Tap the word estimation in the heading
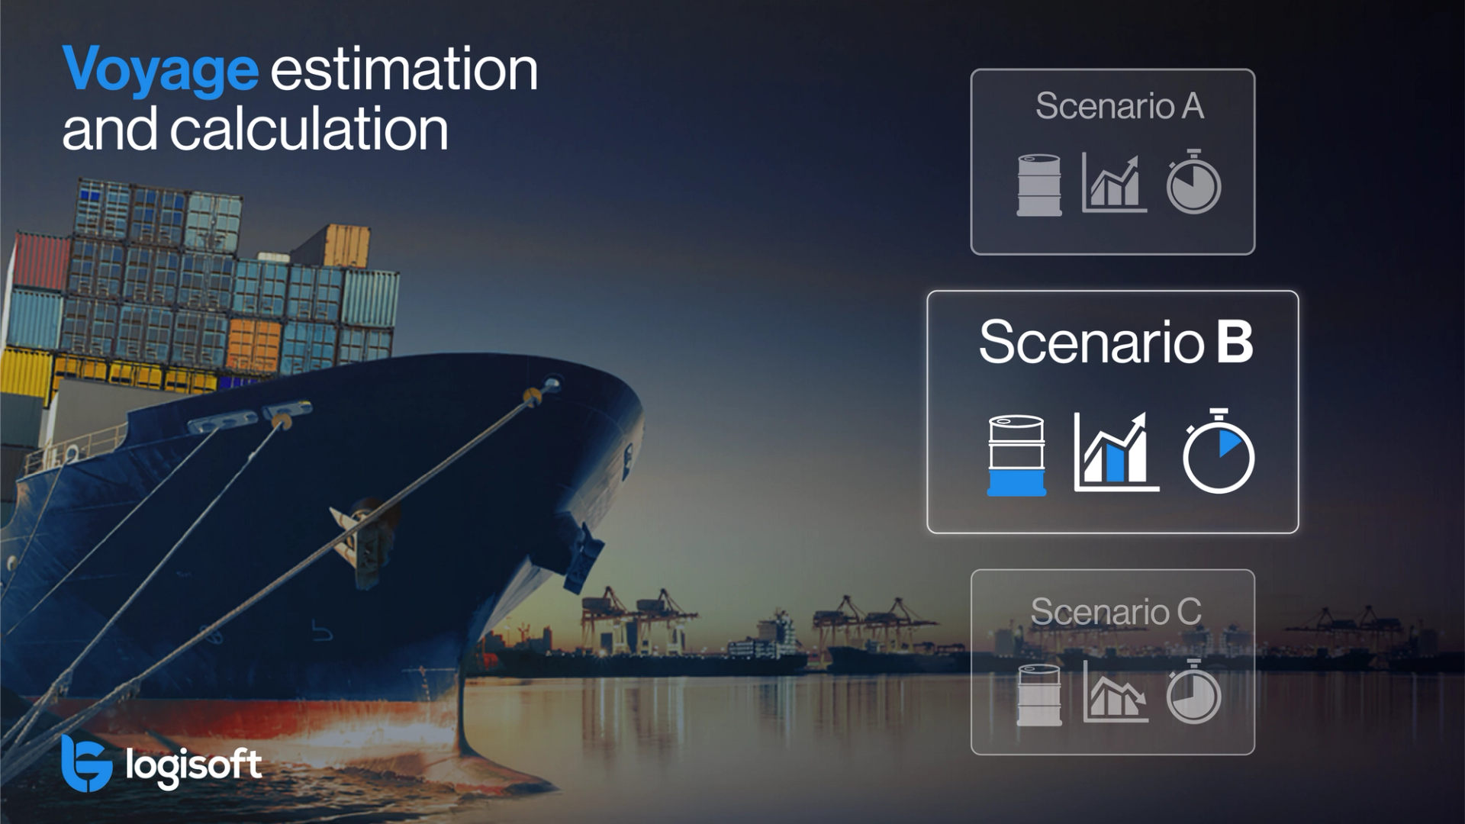[404, 69]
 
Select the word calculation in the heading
[308, 129]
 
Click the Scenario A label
[1119, 106]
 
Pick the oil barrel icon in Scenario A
[1038, 185]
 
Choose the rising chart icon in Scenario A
[1113, 183]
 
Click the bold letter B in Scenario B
[1234, 342]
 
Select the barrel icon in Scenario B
[1016, 455]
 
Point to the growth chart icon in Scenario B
[1115, 452]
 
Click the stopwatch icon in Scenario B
[1218, 452]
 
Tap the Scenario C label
[1116, 611]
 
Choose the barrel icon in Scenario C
[1038, 694]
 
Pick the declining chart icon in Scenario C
[1115, 693]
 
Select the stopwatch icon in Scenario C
[1193, 692]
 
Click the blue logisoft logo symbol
[86, 764]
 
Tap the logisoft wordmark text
[194, 765]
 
